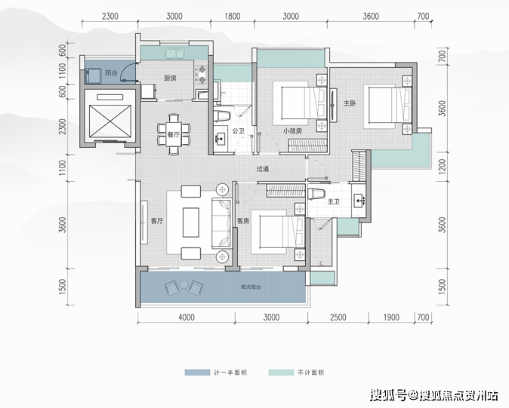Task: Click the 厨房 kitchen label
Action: tap(170, 78)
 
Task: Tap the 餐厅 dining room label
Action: tap(174, 134)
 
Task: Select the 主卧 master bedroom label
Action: tap(350, 103)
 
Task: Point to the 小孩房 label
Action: tap(292, 131)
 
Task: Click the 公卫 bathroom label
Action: tap(238, 131)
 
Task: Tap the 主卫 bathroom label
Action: tap(333, 201)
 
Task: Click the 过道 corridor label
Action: tap(263, 169)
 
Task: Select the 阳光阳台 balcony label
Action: tap(251, 287)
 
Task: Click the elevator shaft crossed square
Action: tap(110, 121)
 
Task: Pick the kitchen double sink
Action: tap(174, 53)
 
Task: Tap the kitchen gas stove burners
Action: tap(202, 75)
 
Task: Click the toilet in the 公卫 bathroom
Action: tap(222, 116)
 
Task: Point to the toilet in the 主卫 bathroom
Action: tap(316, 194)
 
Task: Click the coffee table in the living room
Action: tap(191, 222)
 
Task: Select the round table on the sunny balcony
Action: tap(184, 284)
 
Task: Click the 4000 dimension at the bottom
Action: tap(187, 317)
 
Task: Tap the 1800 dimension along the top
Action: tap(233, 16)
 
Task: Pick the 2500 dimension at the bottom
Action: tap(338, 317)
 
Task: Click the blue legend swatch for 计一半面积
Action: tap(197, 373)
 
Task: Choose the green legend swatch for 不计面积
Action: tap(281, 373)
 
